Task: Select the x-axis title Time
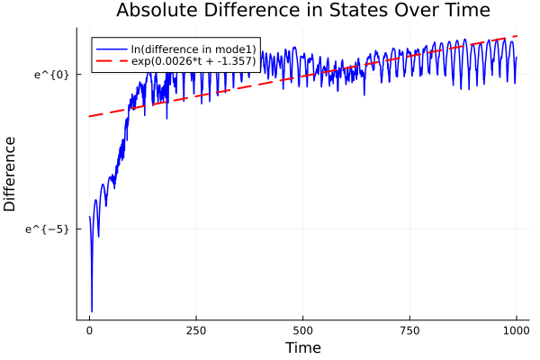(x=302, y=347)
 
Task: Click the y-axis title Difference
(x=11, y=174)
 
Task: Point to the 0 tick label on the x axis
(x=89, y=330)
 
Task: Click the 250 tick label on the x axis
(x=196, y=330)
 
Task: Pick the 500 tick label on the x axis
(x=303, y=330)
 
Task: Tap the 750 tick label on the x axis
(x=409, y=330)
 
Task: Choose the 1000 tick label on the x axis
(x=517, y=330)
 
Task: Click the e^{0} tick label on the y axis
(x=51, y=74)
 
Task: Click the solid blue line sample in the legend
(x=112, y=49)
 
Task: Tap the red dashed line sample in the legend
(x=112, y=63)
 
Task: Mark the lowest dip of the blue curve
(x=92, y=311)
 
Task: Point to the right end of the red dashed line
(x=517, y=36)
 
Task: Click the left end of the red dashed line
(x=89, y=116)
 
